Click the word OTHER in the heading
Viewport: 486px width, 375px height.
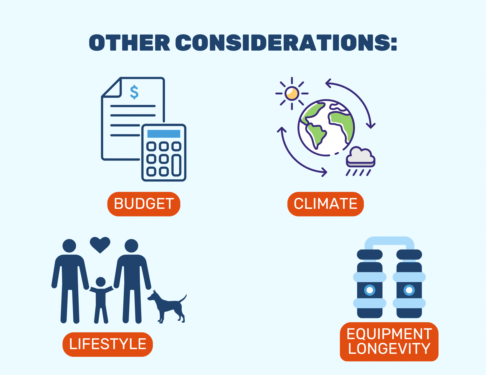129,43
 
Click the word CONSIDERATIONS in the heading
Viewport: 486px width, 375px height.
286,43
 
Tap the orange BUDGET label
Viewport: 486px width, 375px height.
144,204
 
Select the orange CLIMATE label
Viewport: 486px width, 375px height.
325,204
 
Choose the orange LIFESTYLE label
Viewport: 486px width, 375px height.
108,344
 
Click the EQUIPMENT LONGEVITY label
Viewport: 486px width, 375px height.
389,341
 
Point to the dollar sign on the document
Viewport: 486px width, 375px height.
134,92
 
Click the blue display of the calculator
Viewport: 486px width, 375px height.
164,134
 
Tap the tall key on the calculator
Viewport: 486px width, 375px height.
176,165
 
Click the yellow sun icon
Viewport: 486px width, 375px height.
292,94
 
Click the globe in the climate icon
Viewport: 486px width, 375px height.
326,127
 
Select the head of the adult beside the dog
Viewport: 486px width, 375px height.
131,246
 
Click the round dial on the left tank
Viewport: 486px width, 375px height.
370,290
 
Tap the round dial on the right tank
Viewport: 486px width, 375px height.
409,290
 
